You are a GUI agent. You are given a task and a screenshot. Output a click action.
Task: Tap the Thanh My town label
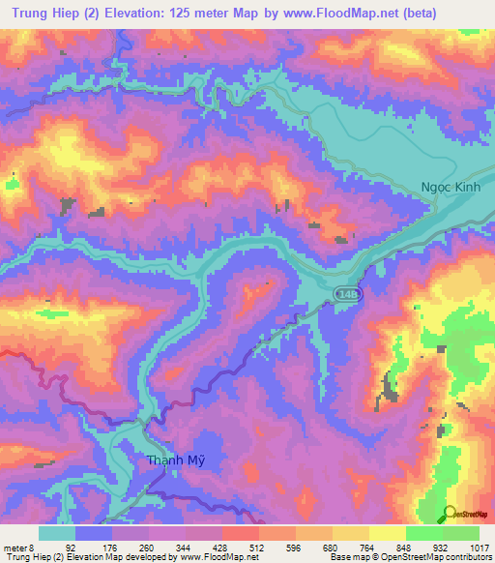[175, 460]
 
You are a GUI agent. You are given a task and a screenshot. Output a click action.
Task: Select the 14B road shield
[347, 292]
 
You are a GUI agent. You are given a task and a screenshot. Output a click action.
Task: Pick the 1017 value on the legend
[478, 547]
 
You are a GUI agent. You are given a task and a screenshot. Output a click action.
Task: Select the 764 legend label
[368, 547]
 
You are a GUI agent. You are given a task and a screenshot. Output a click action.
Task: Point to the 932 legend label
[442, 547]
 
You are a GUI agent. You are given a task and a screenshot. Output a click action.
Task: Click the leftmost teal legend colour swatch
[57, 533]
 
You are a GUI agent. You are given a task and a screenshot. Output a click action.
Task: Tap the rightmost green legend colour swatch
[461, 533]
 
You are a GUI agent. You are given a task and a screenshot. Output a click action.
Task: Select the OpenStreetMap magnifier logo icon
[450, 514]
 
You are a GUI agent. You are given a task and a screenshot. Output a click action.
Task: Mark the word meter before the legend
[14, 547]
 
